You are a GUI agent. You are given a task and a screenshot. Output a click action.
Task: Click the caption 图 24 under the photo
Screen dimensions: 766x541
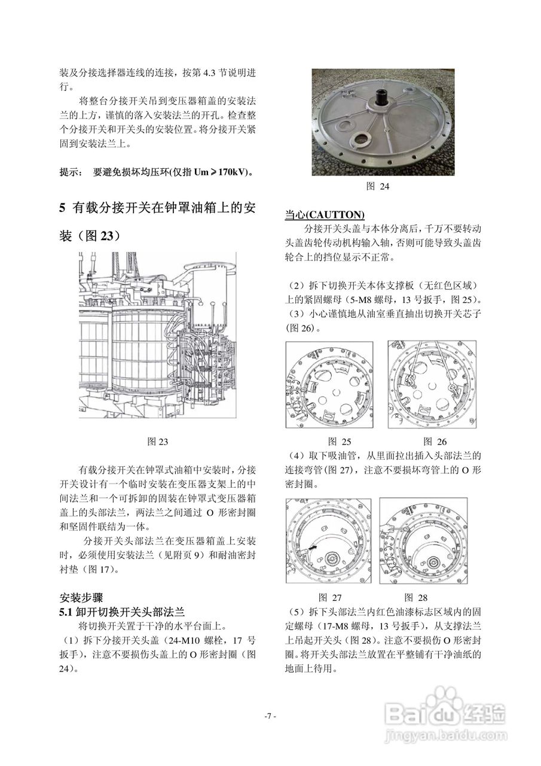tap(377, 186)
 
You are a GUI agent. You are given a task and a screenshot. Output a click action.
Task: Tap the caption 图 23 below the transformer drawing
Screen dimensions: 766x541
tap(158, 442)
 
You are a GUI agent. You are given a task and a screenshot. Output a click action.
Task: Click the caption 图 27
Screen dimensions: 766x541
tap(330, 597)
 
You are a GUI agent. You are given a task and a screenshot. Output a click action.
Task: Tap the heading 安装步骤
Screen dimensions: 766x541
tap(81, 598)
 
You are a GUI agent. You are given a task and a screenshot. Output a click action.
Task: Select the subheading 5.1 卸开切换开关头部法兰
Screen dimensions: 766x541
tap(122, 612)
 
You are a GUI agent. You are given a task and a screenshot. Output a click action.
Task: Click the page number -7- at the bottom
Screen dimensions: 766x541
tap(270, 716)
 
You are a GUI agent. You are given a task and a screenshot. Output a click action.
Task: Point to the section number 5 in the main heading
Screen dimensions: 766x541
tap(62, 208)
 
